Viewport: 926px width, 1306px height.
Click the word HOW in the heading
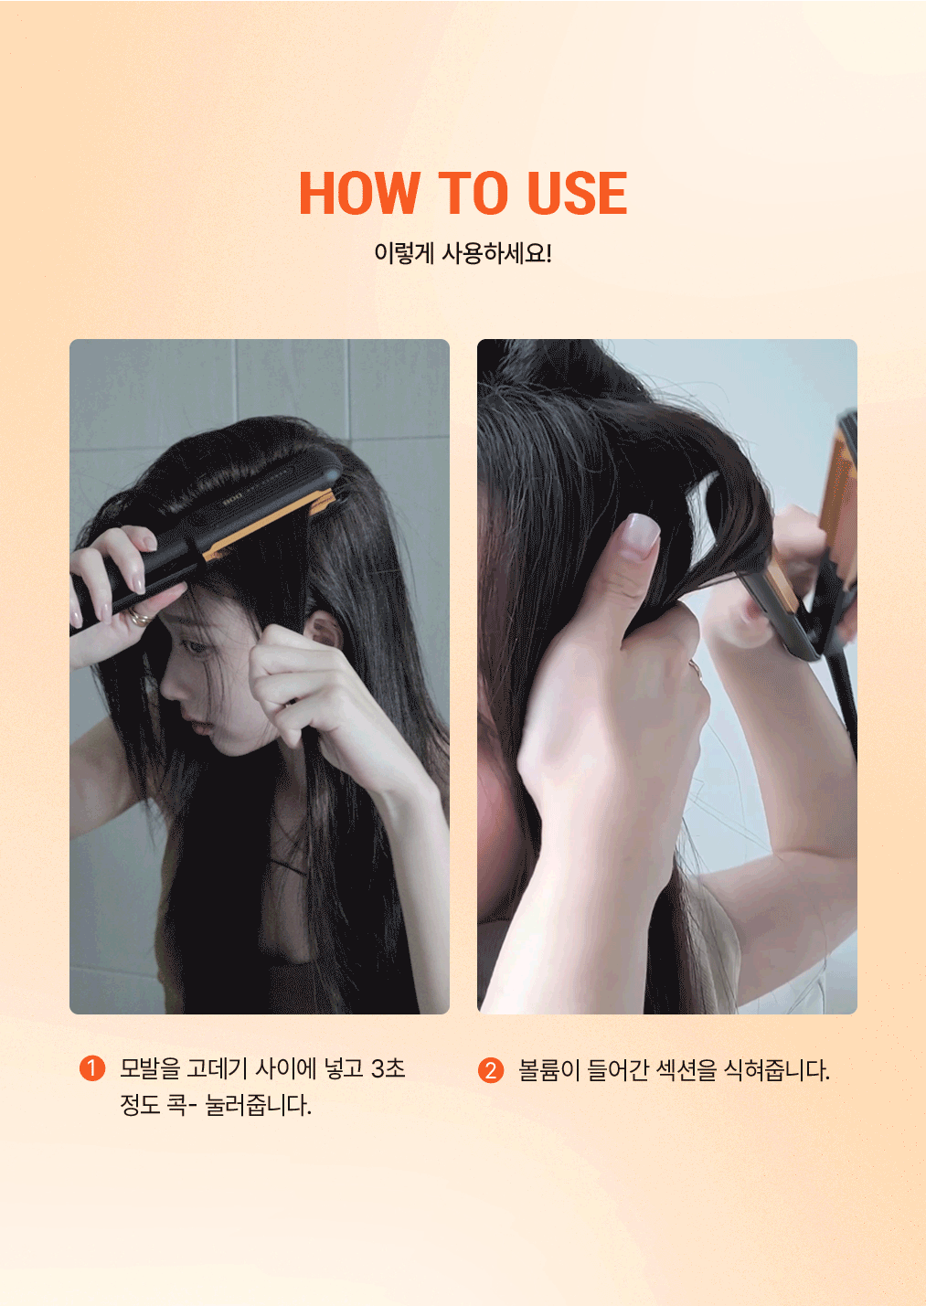tap(359, 193)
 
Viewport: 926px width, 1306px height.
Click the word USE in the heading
tap(577, 193)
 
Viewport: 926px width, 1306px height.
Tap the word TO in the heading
tap(473, 193)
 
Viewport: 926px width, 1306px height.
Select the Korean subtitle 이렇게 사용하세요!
tap(463, 254)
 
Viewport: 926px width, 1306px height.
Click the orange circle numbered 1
tap(92, 1068)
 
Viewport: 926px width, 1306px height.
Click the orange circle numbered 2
tap(490, 1070)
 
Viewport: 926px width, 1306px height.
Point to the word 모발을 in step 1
tap(150, 1068)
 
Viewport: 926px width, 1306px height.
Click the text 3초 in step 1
tap(388, 1068)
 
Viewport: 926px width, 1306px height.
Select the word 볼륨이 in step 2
tap(548, 1070)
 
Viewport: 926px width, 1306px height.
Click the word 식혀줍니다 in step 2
tap(776, 1070)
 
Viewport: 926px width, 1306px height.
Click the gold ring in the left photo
tap(141, 617)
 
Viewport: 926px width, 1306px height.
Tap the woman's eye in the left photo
tap(194, 647)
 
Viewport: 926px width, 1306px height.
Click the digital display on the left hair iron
tap(231, 499)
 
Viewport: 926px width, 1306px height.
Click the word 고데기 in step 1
tap(217, 1068)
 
